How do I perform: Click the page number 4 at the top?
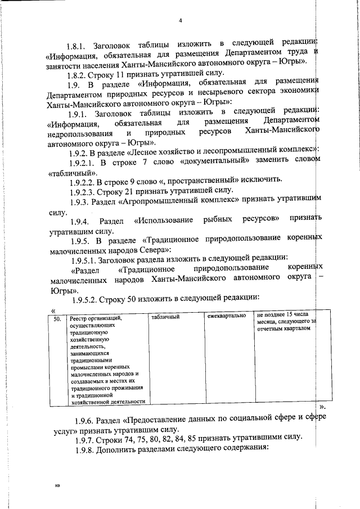[x=181, y=21]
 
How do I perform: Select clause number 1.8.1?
[x=78, y=44]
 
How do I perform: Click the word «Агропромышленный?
[x=166, y=201]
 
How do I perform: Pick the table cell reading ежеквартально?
[x=226, y=316]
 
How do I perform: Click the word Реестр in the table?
[x=80, y=318]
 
